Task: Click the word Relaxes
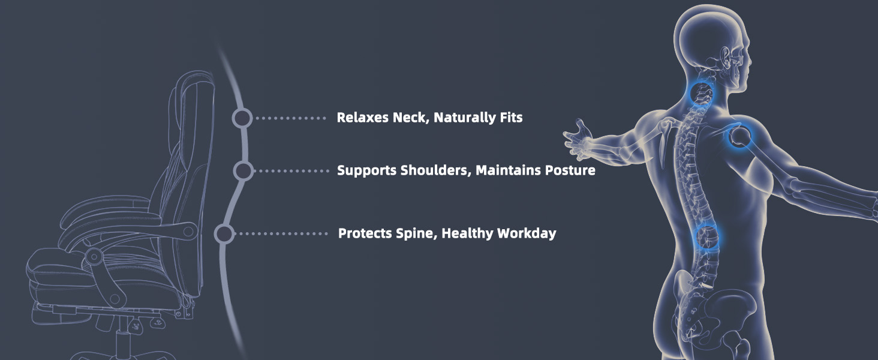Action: point(363,117)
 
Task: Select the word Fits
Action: point(511,117)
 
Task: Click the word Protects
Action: point(365,233)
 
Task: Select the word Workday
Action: point(527,234)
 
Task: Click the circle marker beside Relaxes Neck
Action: point(242,118)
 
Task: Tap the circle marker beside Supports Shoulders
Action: point(243,171)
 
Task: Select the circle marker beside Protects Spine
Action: point(224,234)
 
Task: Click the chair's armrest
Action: point(130,232)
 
